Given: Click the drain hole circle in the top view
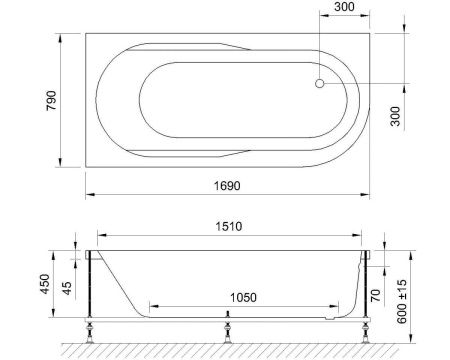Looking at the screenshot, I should click(319, 84).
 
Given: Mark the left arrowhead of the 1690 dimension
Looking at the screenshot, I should click(88, 194).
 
